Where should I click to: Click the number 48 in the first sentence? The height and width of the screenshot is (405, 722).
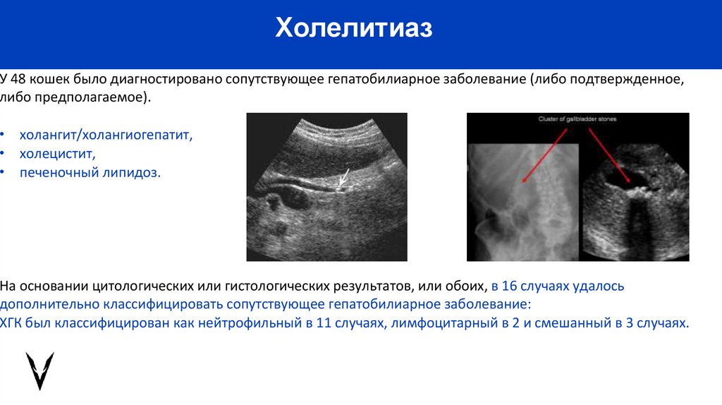tap(18, 78)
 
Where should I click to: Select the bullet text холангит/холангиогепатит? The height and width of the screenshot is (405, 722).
tap(106, 134)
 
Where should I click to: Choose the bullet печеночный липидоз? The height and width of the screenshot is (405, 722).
tap(90, 172)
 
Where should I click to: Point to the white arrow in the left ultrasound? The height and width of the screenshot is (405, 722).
tap(343, 179)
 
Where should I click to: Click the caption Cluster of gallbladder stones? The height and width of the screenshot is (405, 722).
tap(577, 119)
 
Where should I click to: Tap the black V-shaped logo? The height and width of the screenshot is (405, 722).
tap(39, 370)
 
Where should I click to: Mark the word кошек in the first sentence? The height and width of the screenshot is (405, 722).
tap(49, 78)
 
